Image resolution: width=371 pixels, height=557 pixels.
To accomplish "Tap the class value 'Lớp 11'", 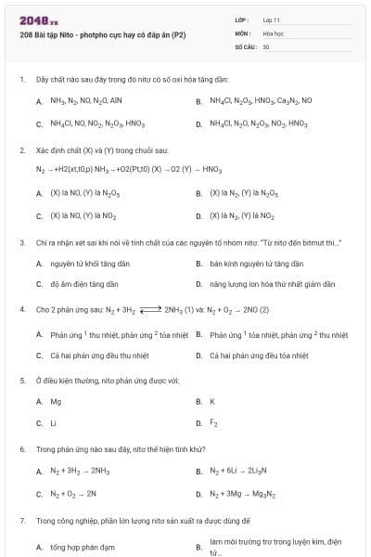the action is (271, 19).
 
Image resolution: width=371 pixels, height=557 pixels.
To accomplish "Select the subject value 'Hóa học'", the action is (273, 32).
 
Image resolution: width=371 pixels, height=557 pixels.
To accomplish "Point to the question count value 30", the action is (266, 45).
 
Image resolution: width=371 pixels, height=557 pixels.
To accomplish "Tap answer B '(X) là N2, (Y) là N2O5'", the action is (243, 193).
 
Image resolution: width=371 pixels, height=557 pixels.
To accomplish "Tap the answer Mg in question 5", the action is (56, 401).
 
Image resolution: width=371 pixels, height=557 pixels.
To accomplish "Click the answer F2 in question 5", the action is (213, 423).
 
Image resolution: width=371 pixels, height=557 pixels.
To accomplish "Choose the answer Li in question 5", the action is (54, 423).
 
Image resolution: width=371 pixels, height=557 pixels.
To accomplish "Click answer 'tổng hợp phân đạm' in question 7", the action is (83, 548).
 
